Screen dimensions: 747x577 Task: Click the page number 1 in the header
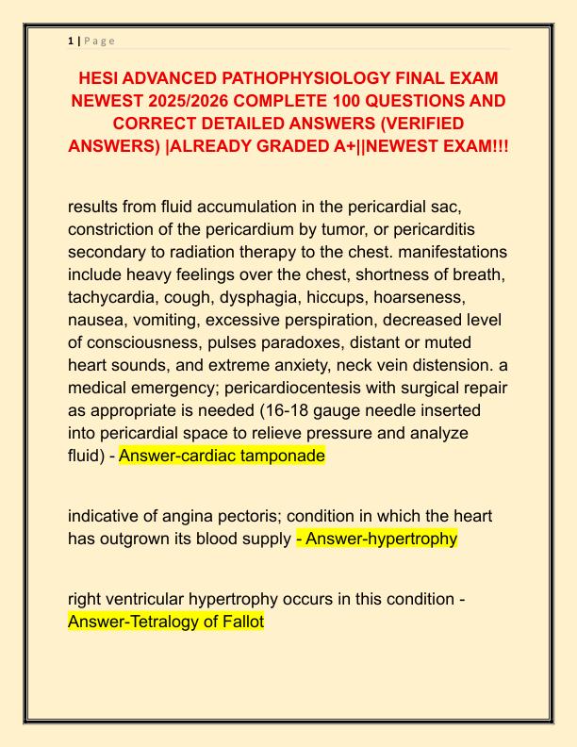click(71, 41)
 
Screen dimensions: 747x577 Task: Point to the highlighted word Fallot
click(241, 622)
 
